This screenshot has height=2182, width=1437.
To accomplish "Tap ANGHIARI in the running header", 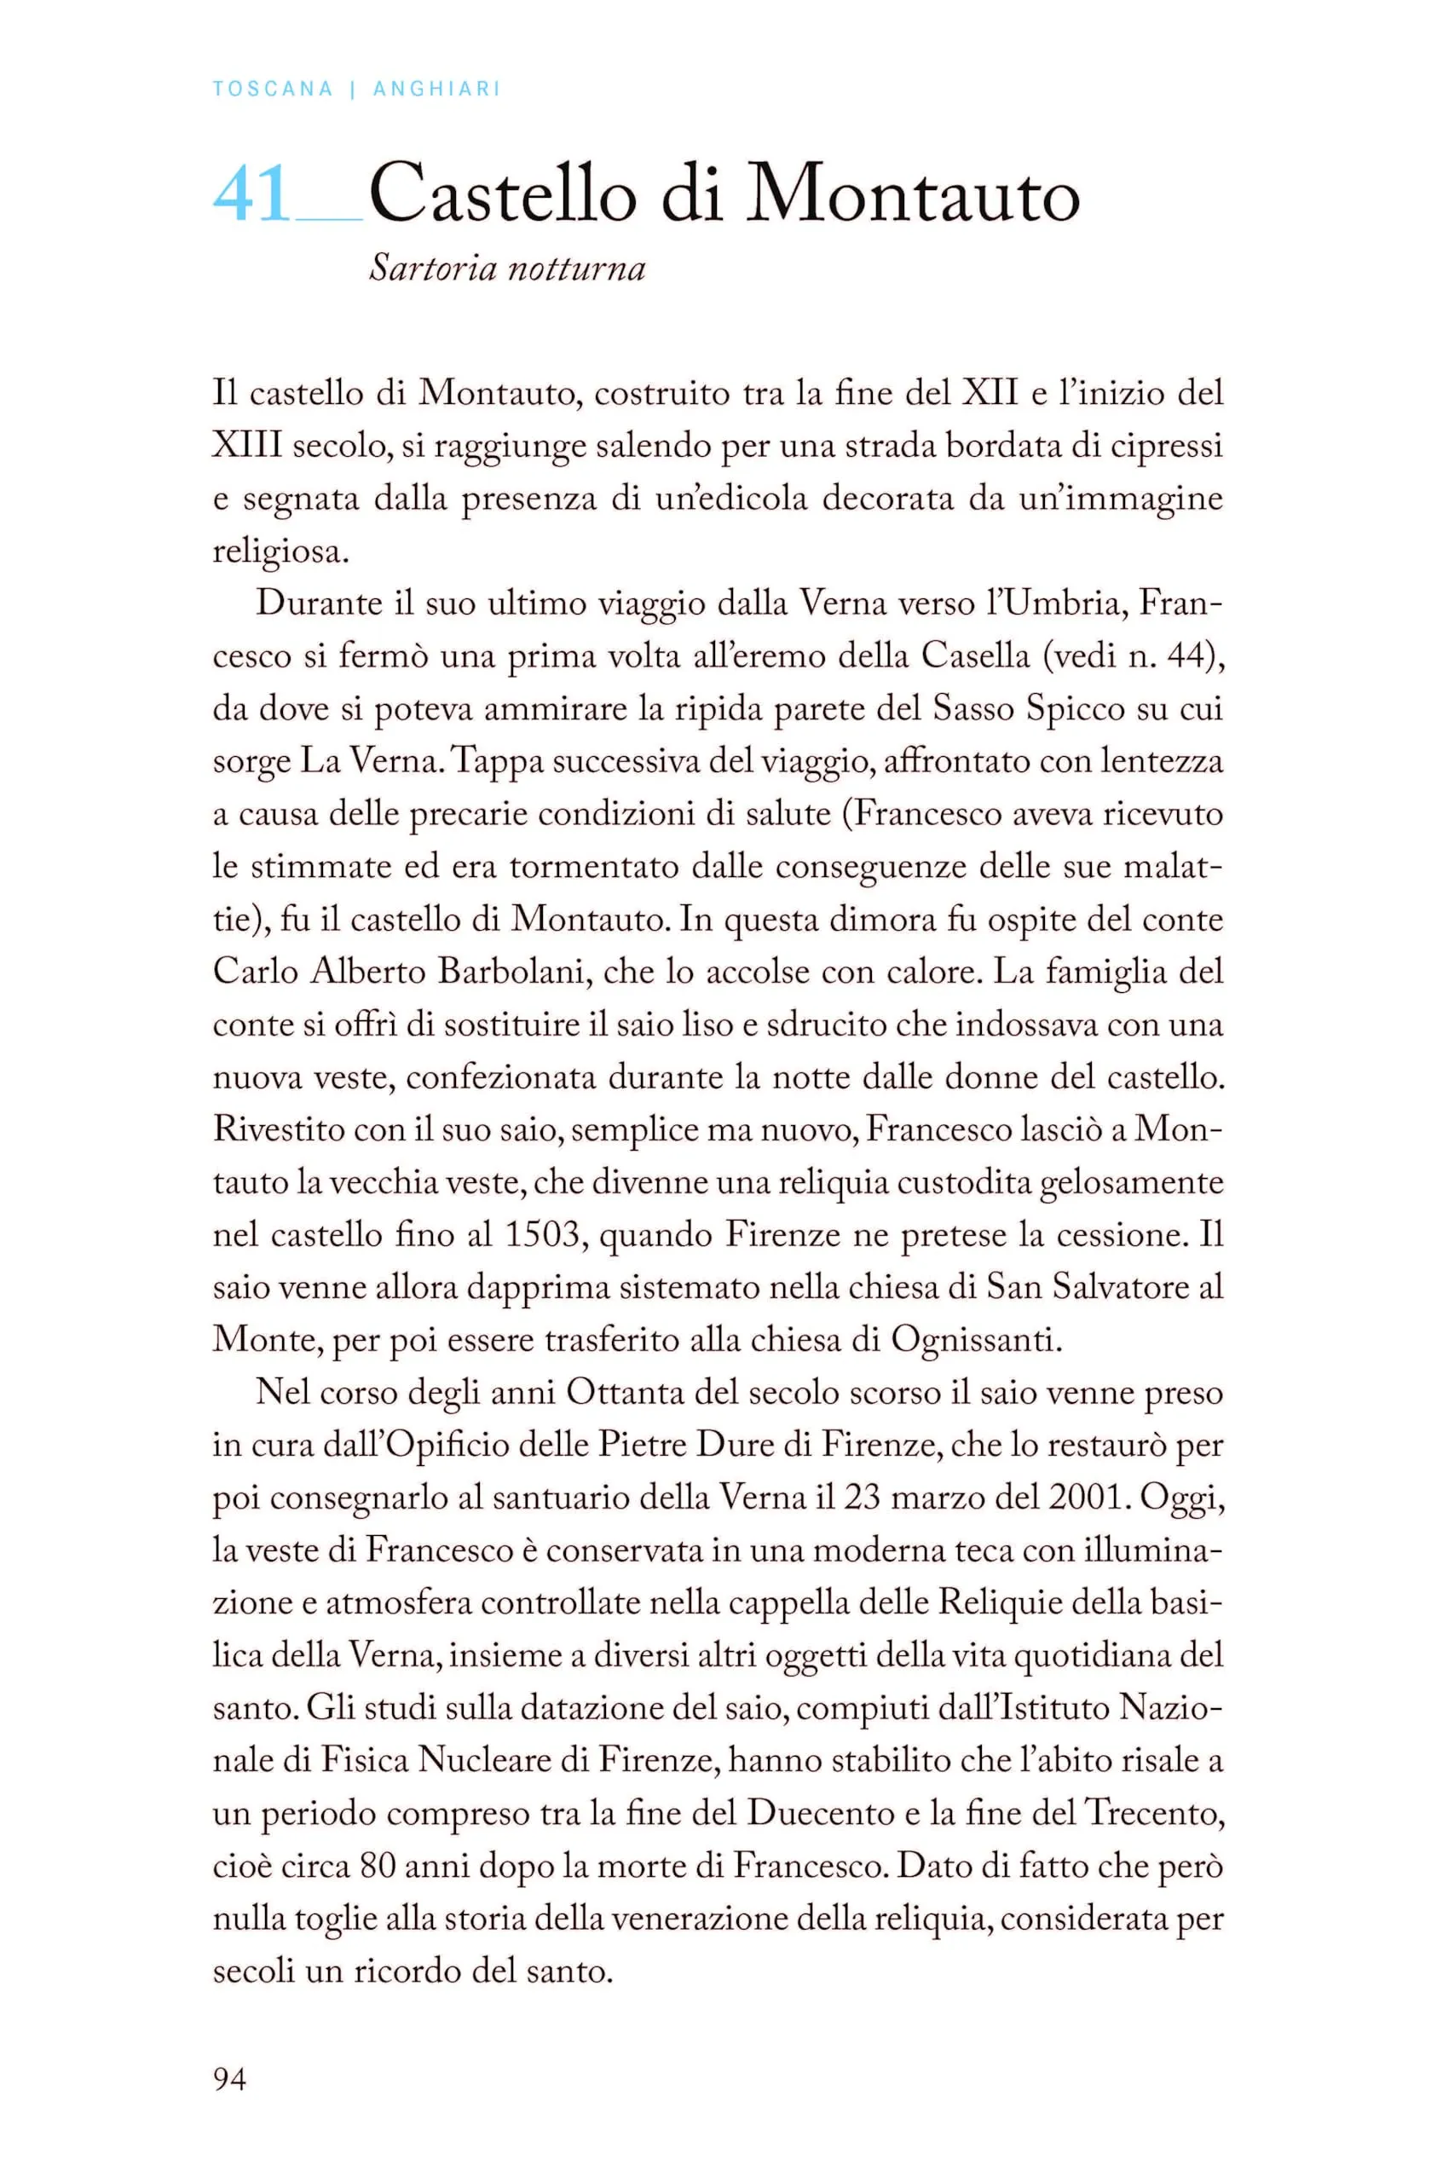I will pos(436,89).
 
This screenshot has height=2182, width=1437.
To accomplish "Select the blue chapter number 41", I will pos(251,194).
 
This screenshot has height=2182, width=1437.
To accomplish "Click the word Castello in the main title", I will pos(503,194).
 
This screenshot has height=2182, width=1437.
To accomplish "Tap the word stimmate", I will pos(321,866).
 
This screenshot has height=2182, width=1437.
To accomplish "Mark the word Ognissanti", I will pos(976,1341).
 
